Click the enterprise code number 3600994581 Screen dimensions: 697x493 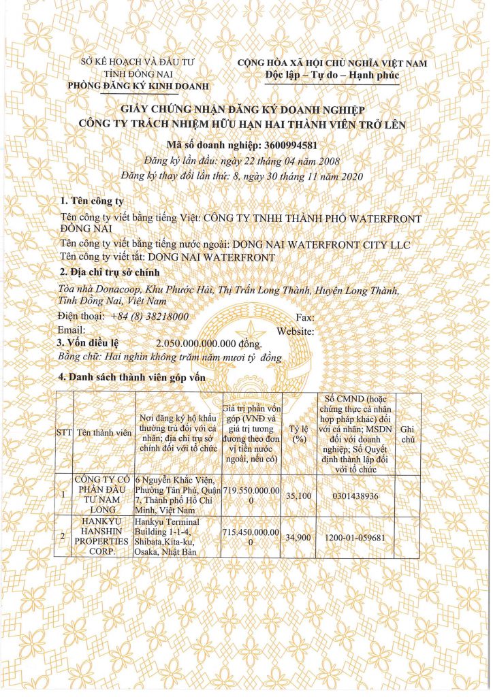[x=288, y=145]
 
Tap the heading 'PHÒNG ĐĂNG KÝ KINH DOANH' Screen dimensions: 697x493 [x=140, y=86]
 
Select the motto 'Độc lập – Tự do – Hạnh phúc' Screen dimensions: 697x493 [x=332, y=75]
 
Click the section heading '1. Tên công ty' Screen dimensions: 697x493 [x=93, y=201]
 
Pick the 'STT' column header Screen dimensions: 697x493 [x=63, y=432]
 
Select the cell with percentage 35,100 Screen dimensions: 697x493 [x=298, y=496]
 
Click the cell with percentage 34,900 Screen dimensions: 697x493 [x=298, y=537]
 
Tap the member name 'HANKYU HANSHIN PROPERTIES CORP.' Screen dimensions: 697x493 [x=104, y=536]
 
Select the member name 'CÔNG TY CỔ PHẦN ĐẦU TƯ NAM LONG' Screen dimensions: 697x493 [x=104, y=495]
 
